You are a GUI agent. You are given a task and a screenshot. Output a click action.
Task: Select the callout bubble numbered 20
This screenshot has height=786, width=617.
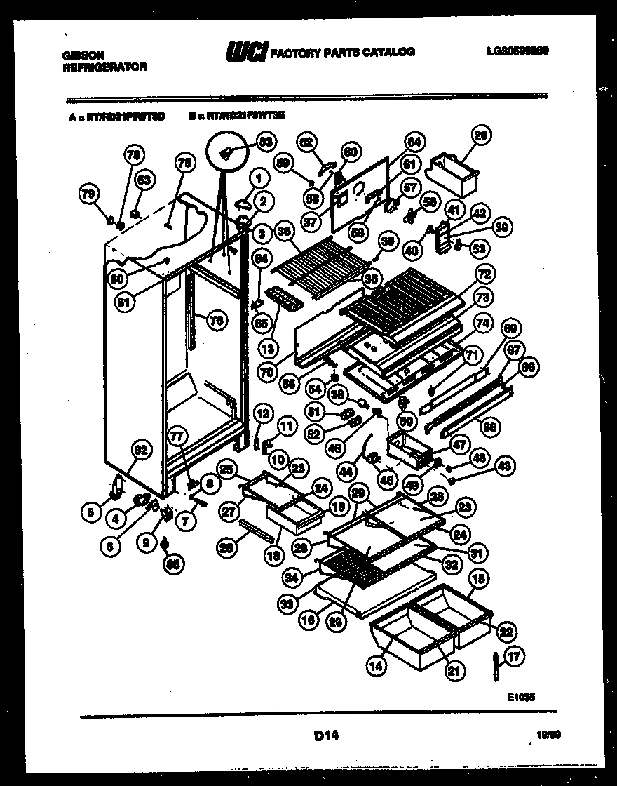click(482, 135)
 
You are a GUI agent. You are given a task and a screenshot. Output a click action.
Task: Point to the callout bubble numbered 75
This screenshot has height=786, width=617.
click(184, 163)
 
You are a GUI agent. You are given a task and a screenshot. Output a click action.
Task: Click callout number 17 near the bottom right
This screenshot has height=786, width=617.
click(515, 658)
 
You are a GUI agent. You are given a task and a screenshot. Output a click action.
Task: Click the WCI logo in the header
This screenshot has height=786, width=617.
click(245, 51)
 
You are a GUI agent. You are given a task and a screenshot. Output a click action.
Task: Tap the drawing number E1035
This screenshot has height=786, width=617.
click(522, 698)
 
